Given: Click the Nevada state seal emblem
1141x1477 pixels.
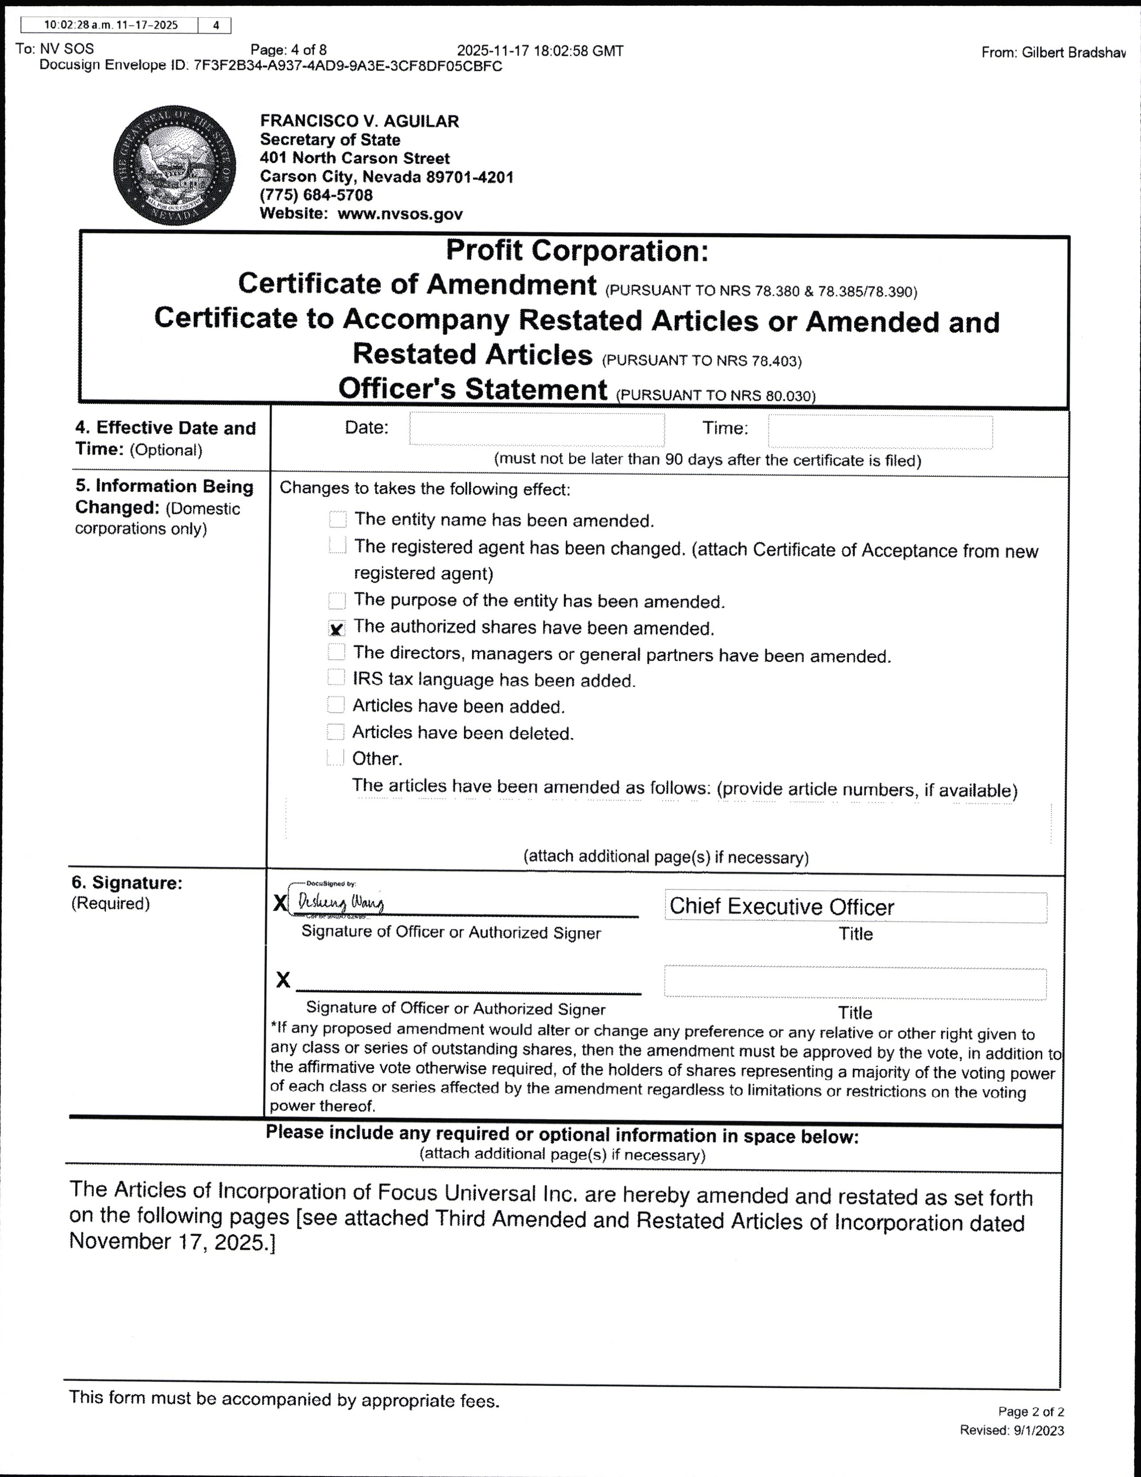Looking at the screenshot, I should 175,166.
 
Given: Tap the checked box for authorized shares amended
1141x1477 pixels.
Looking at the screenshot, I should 336,629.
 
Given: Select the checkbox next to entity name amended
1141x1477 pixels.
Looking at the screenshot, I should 337,519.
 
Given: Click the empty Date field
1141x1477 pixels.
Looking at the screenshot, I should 536,429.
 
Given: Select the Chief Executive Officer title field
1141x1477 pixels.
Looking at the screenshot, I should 855,907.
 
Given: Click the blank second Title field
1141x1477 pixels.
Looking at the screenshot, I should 855,983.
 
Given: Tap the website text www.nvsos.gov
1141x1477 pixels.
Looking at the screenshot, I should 400,214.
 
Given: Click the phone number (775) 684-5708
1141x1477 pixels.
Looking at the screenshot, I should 316,196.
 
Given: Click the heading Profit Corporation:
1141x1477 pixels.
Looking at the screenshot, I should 577,251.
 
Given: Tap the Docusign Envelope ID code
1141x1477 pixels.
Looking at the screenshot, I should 348,66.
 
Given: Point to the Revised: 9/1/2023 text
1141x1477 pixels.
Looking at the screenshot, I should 1012,1430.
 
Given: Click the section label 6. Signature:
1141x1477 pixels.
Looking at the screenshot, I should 127,883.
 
